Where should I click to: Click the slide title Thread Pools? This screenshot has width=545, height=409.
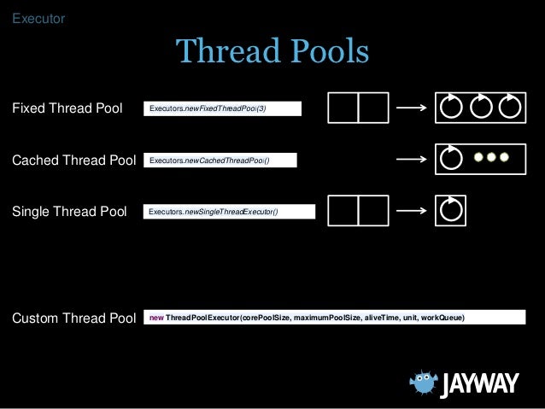click(272, 52)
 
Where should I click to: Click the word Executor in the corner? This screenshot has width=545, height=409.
click(38, 17)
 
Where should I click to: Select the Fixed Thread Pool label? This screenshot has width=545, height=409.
click(67, 108)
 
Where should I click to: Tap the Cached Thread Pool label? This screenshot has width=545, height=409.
click(73, 160)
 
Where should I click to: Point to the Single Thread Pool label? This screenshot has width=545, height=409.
click(69, 211)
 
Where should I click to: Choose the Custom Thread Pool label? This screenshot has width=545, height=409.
click(73, 318)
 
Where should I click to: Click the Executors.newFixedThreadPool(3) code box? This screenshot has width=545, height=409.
click(224, 108)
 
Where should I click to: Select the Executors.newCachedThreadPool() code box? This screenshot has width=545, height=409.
click(221, 160)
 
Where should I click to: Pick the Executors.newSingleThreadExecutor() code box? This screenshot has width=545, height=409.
click(230, 211)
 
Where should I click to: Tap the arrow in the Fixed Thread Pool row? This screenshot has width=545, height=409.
click(412, 108)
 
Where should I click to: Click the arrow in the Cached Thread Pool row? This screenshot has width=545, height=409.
click(412, 160)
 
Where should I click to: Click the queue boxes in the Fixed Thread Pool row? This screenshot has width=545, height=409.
click(359, 108)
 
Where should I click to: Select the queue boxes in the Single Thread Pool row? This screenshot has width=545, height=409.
click(359, 211)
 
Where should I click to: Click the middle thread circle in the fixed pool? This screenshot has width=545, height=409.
click(481, 108)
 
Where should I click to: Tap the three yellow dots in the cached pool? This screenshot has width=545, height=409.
click(491, 158)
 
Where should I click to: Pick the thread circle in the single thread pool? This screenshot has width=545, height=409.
click(450, 210)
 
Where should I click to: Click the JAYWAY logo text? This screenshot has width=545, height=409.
click(480, 385)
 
